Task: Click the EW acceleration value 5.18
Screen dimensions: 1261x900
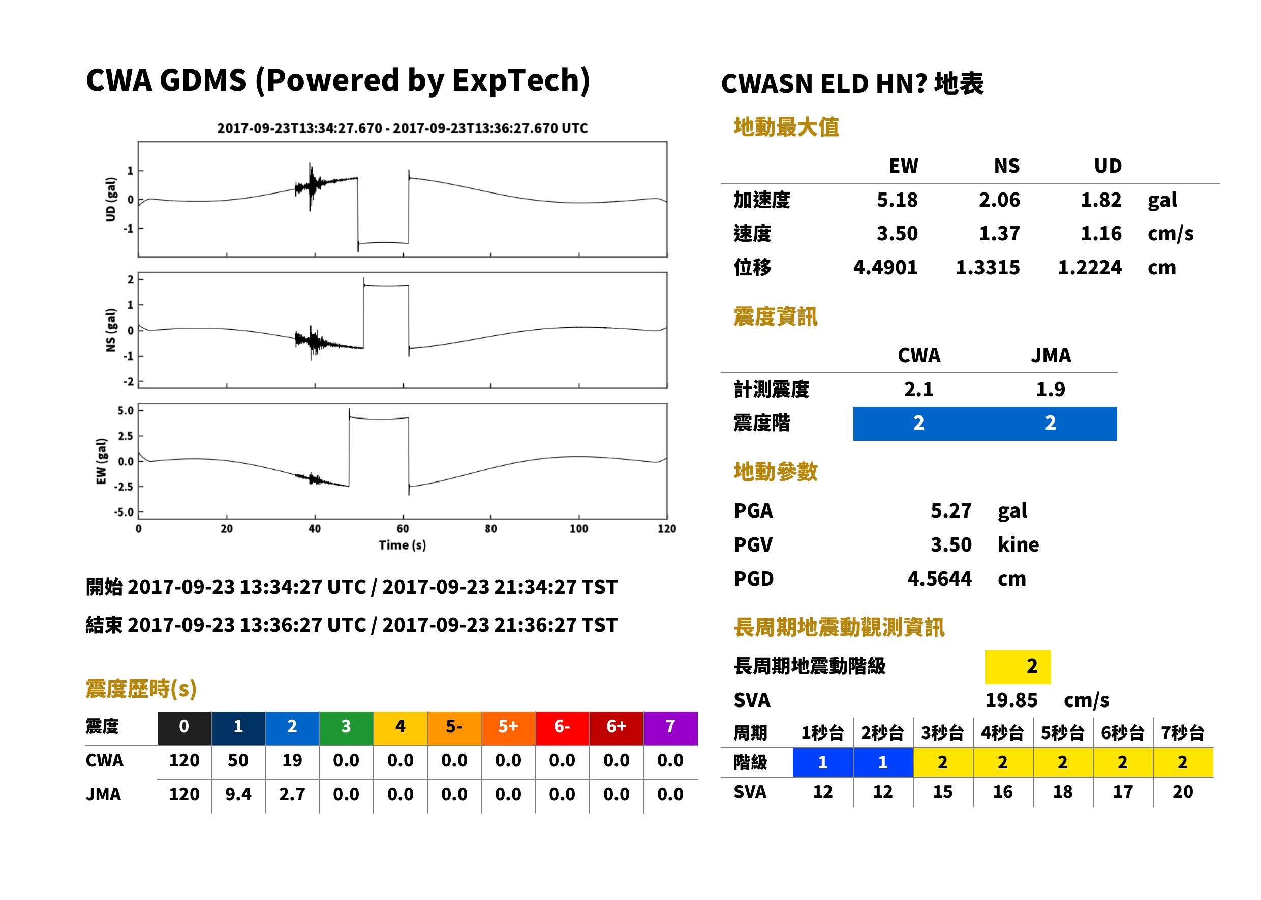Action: click(897, 200)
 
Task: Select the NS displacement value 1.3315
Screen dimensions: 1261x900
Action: click(987, 267)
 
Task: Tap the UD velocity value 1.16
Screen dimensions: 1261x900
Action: click(1101, 233)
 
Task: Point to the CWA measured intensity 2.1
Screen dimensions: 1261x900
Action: click(918, 389)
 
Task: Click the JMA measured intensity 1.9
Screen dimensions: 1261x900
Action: click(1050, 389)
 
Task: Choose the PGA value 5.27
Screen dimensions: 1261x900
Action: click(951, 510)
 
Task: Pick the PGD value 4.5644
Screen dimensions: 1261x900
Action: click(939, 578)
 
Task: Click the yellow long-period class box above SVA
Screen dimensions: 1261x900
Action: click(1018, 667)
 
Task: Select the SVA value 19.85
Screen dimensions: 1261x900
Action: click(1011, 700)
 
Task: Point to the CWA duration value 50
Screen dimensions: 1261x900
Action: click(238, 760)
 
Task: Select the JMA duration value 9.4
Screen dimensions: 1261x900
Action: click(238, 794)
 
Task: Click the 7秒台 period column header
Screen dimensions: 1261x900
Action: click(1182, 732)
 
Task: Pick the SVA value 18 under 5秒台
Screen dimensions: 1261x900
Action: click(1062, 791)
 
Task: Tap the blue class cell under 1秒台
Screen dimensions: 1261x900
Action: click(822, 762)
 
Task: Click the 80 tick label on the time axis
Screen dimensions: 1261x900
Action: click(491, 529)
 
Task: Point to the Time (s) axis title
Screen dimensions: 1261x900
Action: click(403, 545)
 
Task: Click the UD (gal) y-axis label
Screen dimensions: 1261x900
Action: click(111, 200)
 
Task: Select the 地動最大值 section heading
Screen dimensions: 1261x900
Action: click(786, 127)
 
